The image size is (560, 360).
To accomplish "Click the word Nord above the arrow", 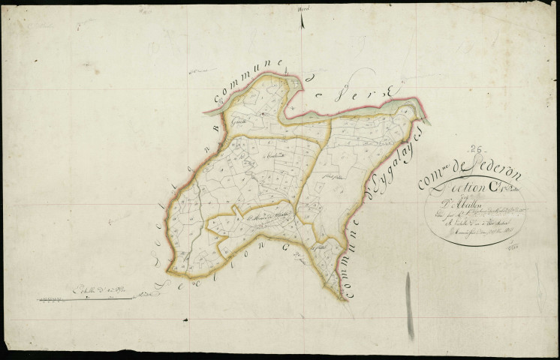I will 303,8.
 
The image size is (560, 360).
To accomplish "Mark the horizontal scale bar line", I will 86,298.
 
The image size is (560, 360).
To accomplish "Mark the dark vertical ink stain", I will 408,298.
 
